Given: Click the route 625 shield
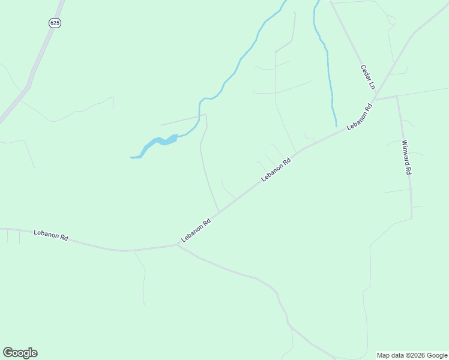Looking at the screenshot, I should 55,23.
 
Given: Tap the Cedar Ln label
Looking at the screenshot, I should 367,77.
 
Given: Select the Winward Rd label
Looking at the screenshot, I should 406,157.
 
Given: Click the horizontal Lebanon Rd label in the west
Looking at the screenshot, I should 51,234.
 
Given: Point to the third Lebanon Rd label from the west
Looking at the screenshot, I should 276,170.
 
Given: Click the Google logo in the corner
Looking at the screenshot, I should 20,353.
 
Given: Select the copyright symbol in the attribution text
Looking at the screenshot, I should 406,355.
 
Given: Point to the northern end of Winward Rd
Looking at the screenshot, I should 397,96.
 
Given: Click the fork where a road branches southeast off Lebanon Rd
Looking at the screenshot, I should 176,245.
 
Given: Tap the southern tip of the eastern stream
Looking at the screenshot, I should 336,126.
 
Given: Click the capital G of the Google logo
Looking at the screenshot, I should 8,353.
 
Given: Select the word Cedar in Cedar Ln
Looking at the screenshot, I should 365,72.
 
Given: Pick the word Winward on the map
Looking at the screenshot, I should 406,152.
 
